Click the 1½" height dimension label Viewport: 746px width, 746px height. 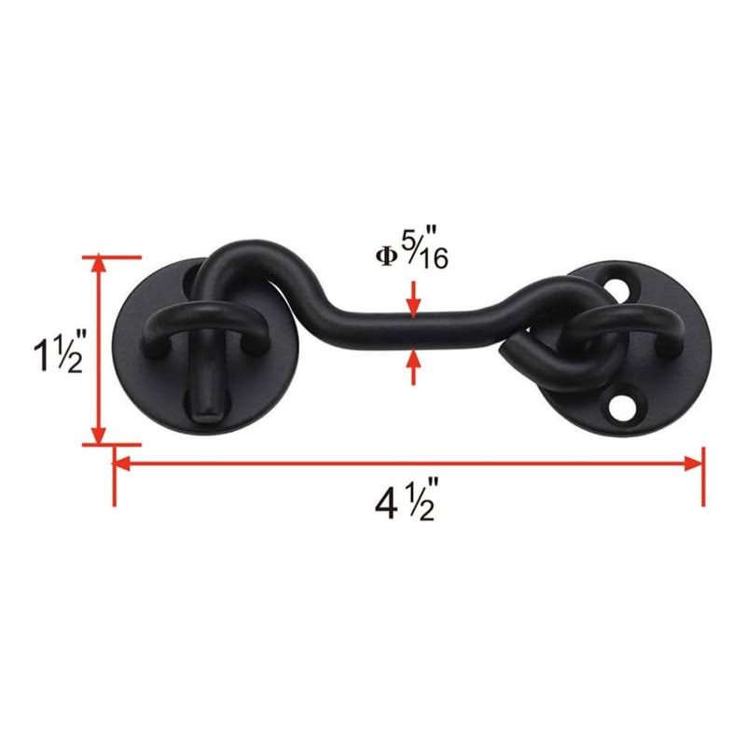coord(59,351)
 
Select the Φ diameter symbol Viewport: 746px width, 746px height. coord(386,256)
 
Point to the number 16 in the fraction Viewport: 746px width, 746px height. coord(433,259)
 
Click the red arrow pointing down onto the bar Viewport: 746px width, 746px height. coord(414,299)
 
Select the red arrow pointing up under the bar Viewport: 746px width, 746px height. coord(414,366)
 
